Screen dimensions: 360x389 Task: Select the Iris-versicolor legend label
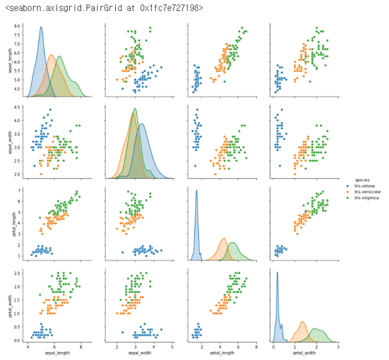[366, 192]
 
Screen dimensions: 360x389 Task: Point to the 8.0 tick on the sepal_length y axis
[17, 26]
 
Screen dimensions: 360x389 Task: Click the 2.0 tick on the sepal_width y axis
[17, 174]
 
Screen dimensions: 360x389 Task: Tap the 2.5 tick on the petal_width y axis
[17, 273]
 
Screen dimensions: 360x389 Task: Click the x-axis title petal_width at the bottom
[304, 353]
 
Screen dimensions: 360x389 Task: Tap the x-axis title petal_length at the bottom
[221, 353]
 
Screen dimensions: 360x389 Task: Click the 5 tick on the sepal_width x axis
[172, 346]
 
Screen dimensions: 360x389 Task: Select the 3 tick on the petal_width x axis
[338, 346]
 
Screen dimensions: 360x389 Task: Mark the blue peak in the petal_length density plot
[196, 190]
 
